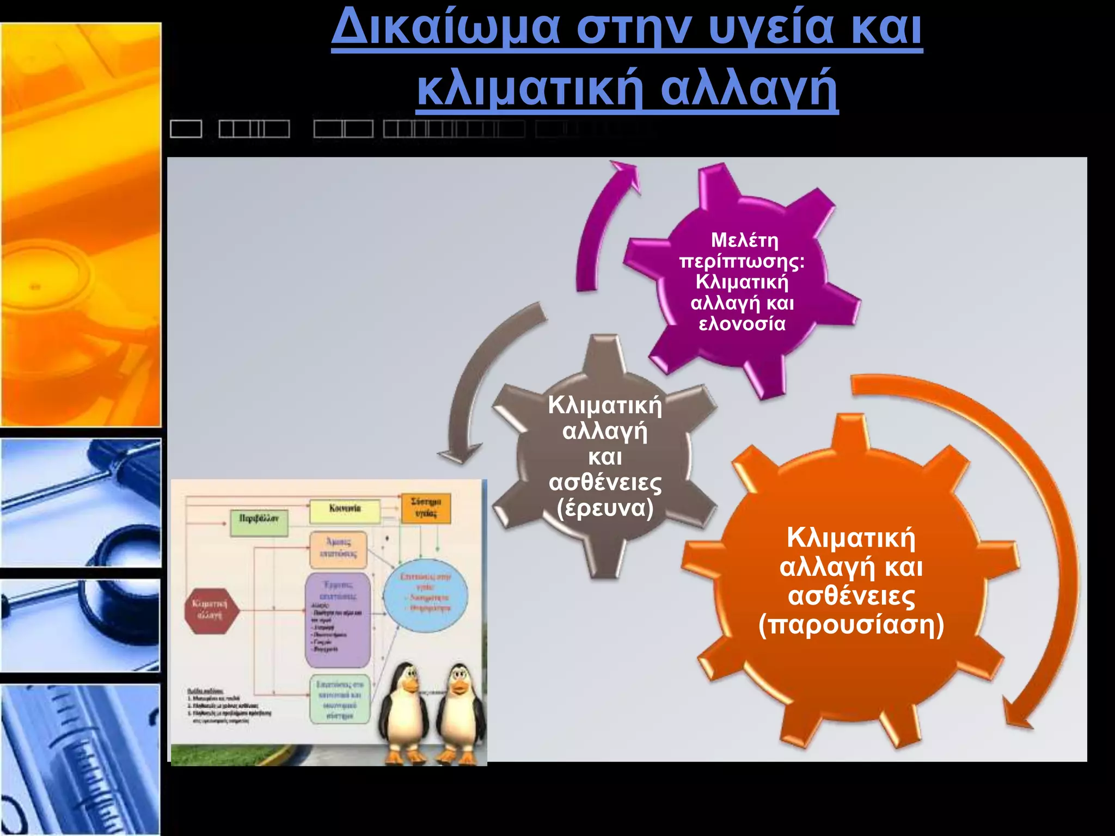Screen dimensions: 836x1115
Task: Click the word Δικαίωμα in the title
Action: click(x=445, y=27)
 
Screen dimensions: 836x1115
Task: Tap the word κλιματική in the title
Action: click(x=531, y=89)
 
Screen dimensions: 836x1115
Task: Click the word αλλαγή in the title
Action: click(x=749, y=89)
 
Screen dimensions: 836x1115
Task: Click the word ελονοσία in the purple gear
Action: click(x=742, y=324)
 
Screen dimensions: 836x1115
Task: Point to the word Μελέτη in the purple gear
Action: click(x=744, y=240)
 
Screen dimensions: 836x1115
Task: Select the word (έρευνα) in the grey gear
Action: click(x=605, y=508)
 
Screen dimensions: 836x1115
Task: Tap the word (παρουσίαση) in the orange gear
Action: click(x=851, y=624)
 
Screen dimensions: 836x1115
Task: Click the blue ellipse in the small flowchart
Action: click(x=426, y=594)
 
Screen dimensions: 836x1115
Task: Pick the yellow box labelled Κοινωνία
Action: click(x=345, y=511)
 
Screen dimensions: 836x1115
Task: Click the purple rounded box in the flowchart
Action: click(x=338, y=619)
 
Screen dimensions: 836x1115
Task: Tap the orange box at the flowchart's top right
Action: click(x=426, y=507)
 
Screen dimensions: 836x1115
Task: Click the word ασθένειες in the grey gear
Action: click(x=605, y=482)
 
